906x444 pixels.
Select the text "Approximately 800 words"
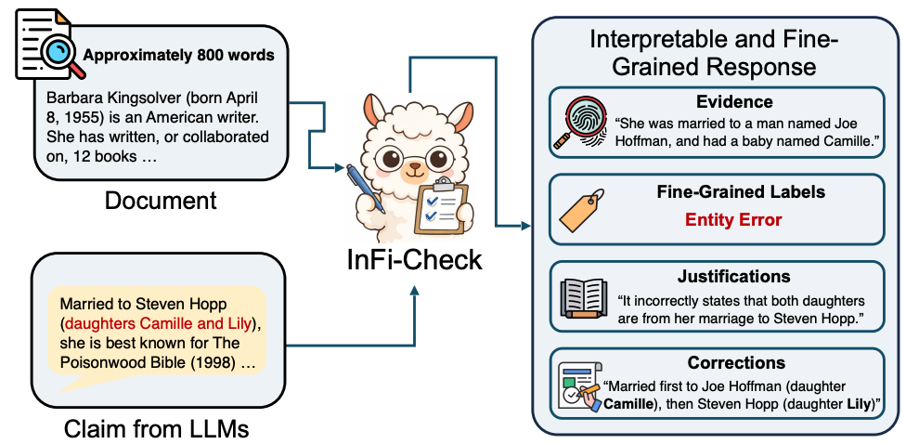[x=178, y=55]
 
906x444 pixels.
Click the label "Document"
[x=160, y=200]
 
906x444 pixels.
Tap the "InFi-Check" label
[x=414, y=258]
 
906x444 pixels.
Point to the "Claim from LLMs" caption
[x=157, y=428]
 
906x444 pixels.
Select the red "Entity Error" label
[x=733, y=220]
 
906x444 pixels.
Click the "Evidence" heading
[x=733, y=102]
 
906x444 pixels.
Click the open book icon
[x=581, y=297]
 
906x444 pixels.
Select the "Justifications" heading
[x=733, y=276]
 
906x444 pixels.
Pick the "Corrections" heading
[x=735, y=362]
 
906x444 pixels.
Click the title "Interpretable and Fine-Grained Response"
[x=715, y=54]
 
